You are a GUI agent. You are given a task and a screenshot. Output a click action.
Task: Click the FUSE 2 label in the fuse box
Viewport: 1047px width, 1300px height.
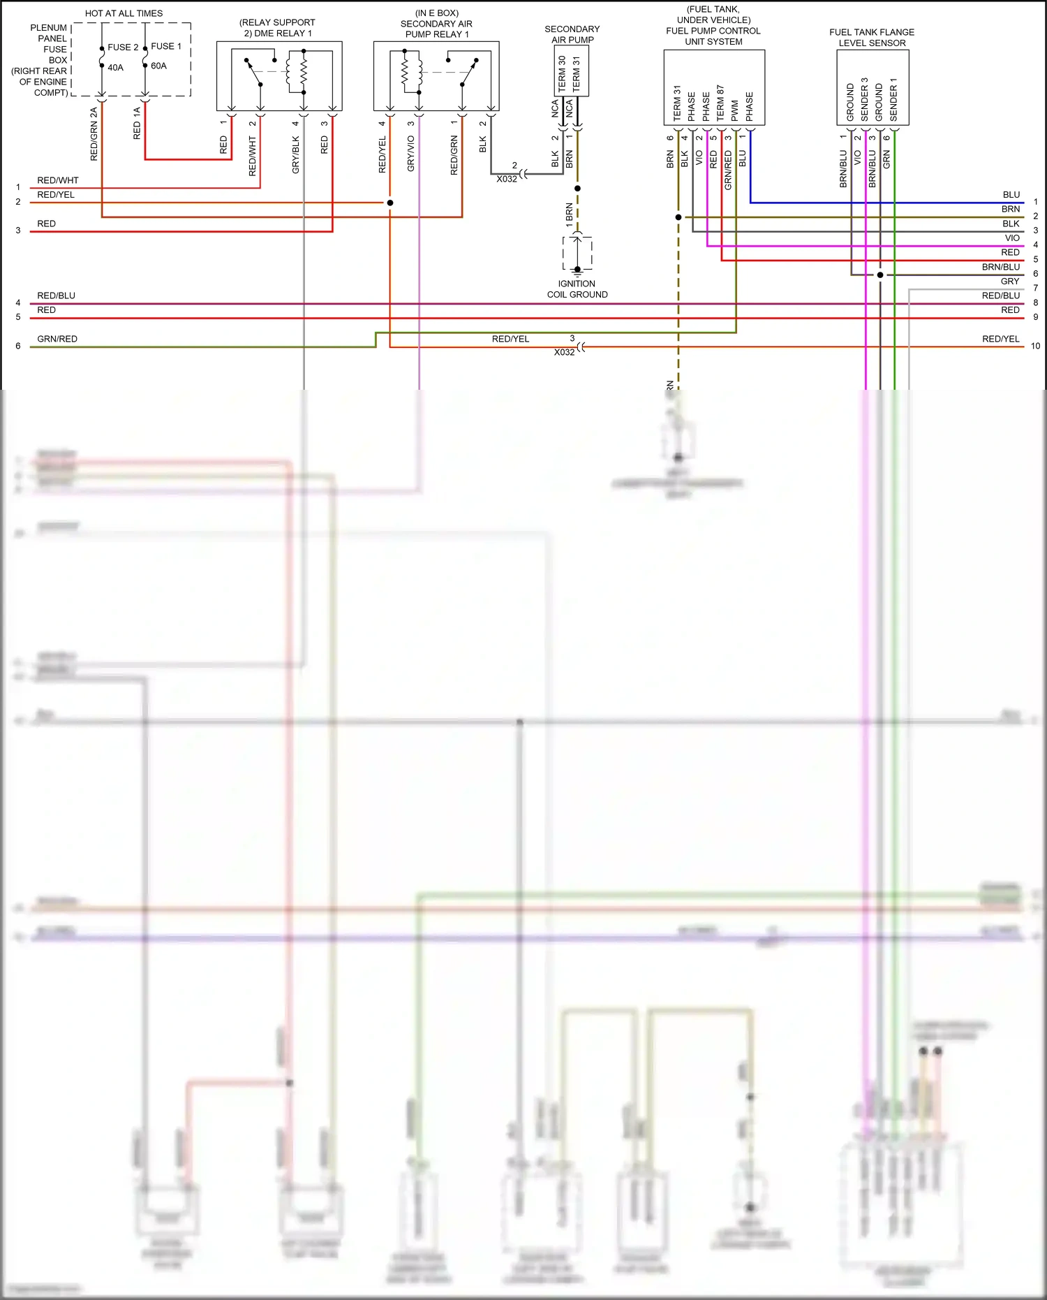[x=123, y=48]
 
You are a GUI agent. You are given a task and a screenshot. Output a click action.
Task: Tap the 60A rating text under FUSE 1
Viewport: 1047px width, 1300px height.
[x=158, y=66]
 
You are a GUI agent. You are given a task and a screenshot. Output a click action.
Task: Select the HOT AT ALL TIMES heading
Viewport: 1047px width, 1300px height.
[x=124, y=13]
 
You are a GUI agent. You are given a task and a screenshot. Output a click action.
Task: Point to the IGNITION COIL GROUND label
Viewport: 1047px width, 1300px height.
[x=577, y=289]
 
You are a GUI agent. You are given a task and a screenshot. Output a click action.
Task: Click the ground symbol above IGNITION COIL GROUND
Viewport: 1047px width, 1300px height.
[x=577, y=270]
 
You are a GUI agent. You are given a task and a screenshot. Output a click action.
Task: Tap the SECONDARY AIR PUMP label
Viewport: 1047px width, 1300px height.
[x=572, y=34]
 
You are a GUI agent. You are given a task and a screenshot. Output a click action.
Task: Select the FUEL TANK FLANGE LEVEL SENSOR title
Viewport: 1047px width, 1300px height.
[x=872, y=38]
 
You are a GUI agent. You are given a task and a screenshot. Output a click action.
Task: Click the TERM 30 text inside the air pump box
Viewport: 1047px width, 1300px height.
[x=563, y=74]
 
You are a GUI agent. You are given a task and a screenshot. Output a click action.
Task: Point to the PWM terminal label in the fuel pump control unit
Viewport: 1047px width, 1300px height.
[x=735, y=110]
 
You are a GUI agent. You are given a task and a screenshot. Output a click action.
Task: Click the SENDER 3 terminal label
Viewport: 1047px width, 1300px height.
[x=865, y=99]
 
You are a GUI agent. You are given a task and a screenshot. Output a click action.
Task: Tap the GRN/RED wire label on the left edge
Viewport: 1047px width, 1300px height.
[x=57, y=339]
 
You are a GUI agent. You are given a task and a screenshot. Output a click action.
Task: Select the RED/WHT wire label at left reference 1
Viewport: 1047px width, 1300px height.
[x=58, y=180]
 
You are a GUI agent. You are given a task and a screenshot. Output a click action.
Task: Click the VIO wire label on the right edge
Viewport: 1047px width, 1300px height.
[x=1012, y=238]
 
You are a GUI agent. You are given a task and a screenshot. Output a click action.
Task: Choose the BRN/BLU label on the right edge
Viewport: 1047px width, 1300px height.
[x=1000, y=267]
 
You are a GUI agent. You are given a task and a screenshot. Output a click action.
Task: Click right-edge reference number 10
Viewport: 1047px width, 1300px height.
[x=1035, y=346]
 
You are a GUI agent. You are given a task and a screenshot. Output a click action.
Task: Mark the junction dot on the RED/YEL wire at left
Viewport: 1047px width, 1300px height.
[x=390, y=203]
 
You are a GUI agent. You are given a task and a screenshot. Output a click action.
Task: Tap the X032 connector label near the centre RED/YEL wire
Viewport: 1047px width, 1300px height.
[x=564, y=352]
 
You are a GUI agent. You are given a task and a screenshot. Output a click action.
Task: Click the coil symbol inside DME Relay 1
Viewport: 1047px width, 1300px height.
[x=303, y=71]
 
